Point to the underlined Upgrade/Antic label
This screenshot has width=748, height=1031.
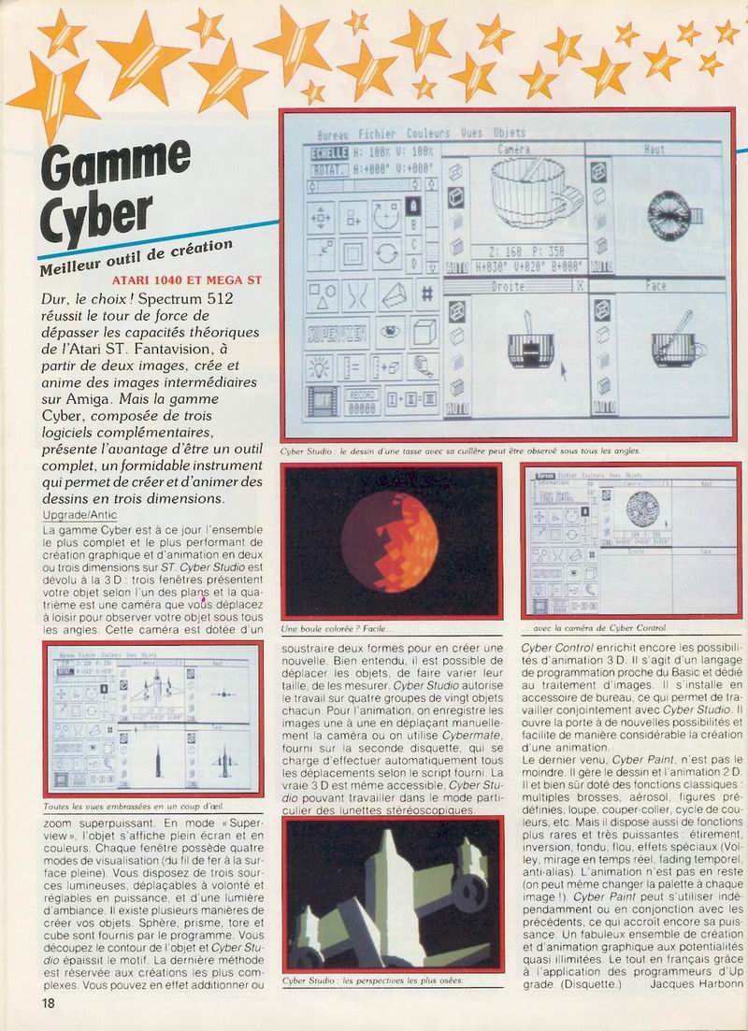click(81, 514)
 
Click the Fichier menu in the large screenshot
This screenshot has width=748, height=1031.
click(377, 134)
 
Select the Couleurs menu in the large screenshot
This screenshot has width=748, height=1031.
click(428, 134)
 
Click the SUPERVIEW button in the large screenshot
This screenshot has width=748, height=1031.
click(338, 332)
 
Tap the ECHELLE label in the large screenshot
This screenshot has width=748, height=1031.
click(329, 151)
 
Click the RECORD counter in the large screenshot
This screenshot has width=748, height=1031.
click(362, 403)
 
